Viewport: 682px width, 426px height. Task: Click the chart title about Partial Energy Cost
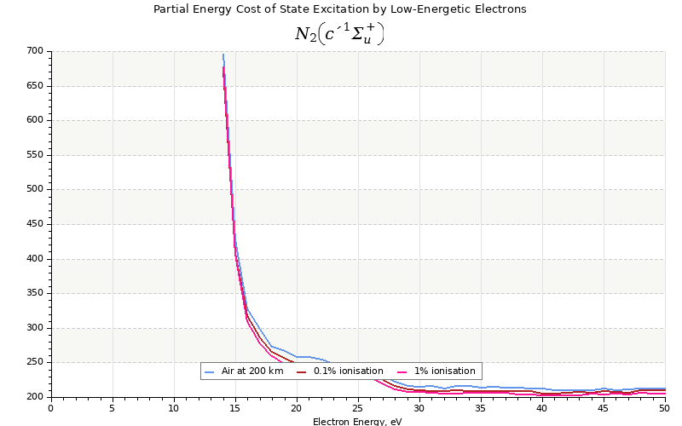[339, 9]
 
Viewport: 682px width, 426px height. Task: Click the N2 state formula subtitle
[339, 34]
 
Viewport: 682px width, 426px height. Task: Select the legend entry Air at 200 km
[251, 371]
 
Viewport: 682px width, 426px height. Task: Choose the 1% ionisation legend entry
[444, 371]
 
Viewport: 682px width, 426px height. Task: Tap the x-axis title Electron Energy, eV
[357, 422]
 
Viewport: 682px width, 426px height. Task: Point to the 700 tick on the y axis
[34, 51]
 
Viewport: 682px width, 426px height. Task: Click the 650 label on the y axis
[34, 86]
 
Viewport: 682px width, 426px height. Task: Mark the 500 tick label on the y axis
[34, 189]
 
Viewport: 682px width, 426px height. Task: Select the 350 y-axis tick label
[34, 293]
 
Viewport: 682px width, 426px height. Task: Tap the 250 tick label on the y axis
[34, 362]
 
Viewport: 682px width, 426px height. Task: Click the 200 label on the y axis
[34, 397]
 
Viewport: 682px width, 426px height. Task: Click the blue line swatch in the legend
[210, 371]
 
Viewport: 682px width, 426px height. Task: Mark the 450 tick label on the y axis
[34, 224]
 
